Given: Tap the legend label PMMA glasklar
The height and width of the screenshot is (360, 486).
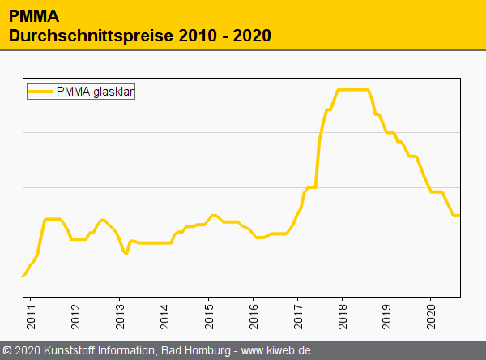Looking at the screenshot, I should [x=96, y=92].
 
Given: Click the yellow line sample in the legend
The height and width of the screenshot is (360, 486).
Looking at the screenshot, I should [x=40, y=92].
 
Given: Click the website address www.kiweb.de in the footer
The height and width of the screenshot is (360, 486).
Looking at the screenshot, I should [x=276, y=351].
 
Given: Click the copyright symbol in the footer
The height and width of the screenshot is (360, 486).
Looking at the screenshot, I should [x=6, y=351].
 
